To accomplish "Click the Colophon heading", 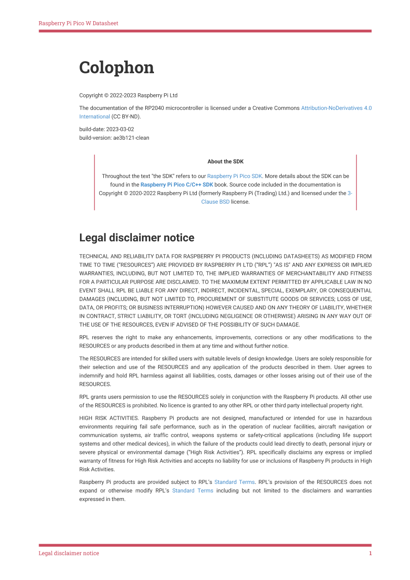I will click(116, 68).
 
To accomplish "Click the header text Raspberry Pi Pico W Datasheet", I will click(78, 23).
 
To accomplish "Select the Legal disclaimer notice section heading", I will click(137, 238).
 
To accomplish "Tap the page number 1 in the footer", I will click(370, 553).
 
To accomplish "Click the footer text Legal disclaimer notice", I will click(68, 553).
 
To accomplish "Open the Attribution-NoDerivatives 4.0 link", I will click(336, 108).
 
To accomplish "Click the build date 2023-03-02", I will click(120, 129).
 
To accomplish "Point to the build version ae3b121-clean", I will click(131, 137).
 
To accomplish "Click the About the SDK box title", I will click(225, 161).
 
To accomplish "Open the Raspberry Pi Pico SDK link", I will click(234, 176).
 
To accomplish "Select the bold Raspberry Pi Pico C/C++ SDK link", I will click(177, 184).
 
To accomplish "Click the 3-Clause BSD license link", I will click(216, 202).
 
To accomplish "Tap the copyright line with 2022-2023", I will click(128, 95).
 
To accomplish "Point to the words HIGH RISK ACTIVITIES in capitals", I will click(108, 418).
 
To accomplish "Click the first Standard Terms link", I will click(234, 482).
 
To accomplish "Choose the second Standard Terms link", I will click(193, 490).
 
